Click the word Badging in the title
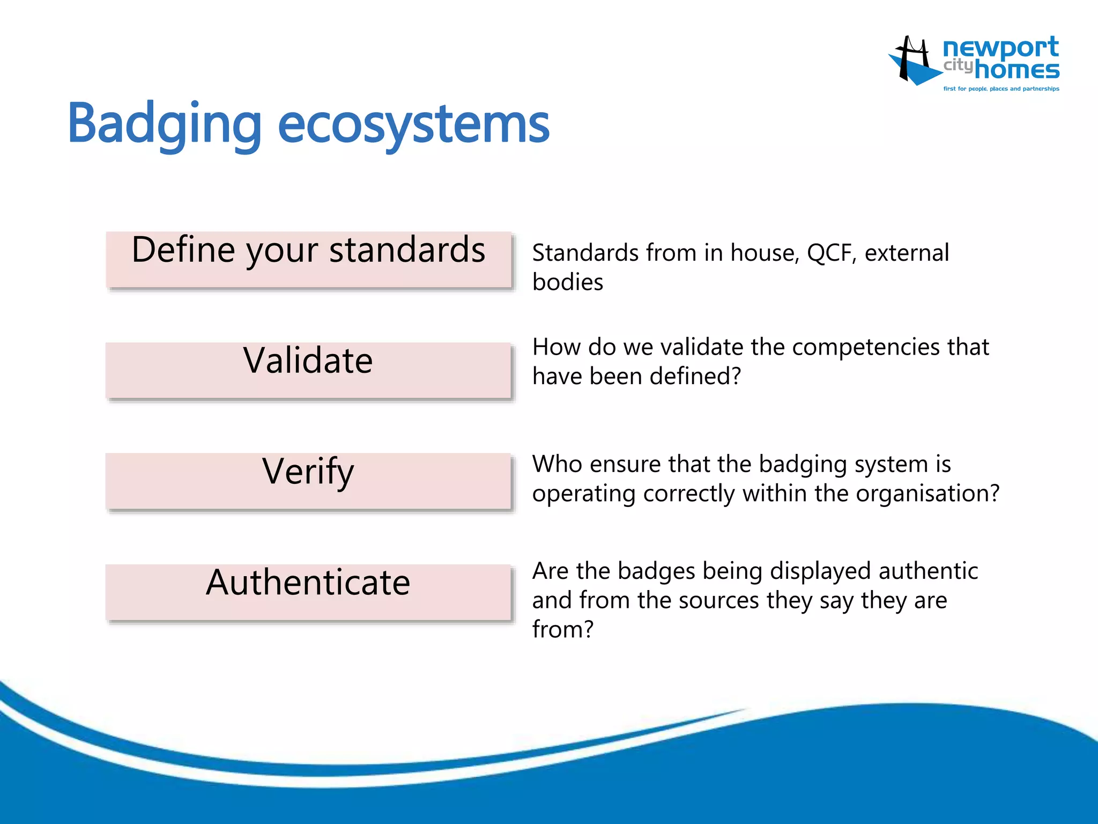pyautogui.click(x=164, y=124)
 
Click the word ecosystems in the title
pyautogui.click(x=413, y=124)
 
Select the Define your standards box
pyautogui.click(x=309, y=260)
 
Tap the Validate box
pyautogui.click(x=308, y=370)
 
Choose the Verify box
pyautogui.click(x=308, y=481)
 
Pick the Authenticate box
pyautogui.click(x=308, y=592)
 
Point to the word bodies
pyautogui.click(x=568, y=282)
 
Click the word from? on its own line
pyautogui.click(x=563, y=629)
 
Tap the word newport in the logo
pyautogui.click(x=1000, y=48)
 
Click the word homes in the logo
pyautogui.click(x=1017, y=70)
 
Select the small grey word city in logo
pyautogui.click(x=958, y=65)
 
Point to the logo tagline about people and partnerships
pyautogui.click(x=1001, y=89)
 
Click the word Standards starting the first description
pyautogui.click(x=585, y=253)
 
